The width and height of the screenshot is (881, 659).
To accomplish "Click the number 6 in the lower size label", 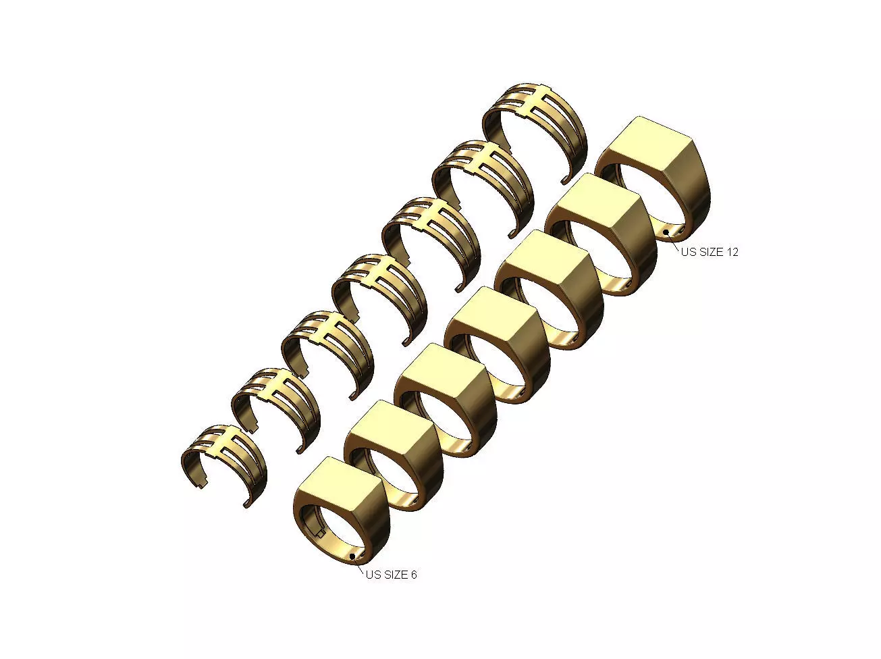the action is (413, 575).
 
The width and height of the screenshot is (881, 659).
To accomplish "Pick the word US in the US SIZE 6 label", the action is (373, 575).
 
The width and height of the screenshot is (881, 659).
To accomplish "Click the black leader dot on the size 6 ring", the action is (352, 556).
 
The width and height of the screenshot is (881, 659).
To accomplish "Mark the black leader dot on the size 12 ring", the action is (666, 232).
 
